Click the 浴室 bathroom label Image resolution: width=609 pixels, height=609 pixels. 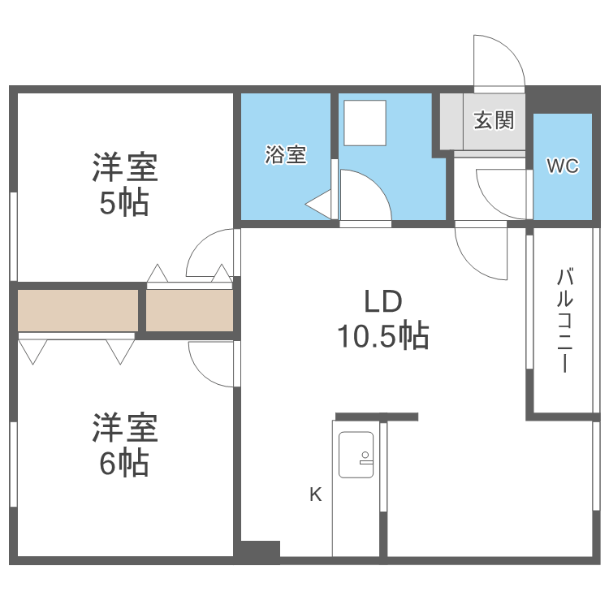coord(286,155)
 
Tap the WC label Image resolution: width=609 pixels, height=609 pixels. coord(562,166)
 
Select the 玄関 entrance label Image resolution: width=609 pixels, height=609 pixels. coord(494,121)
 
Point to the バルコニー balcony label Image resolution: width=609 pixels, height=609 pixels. coord(564,320)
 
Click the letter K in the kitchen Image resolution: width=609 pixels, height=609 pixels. coord(315,494)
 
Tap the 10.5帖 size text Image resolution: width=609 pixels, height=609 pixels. coord(382,335)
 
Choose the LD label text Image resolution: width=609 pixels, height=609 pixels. coord(382,302)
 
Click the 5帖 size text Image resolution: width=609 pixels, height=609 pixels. coord(124,203)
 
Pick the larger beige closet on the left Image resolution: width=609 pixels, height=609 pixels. coord(78,310)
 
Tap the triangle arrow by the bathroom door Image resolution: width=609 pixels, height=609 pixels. coord(318,204)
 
